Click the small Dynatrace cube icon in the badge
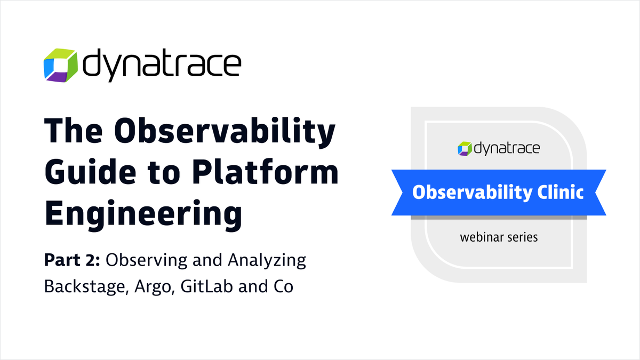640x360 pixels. [464, 148]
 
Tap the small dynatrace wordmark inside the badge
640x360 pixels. [506, 148]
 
